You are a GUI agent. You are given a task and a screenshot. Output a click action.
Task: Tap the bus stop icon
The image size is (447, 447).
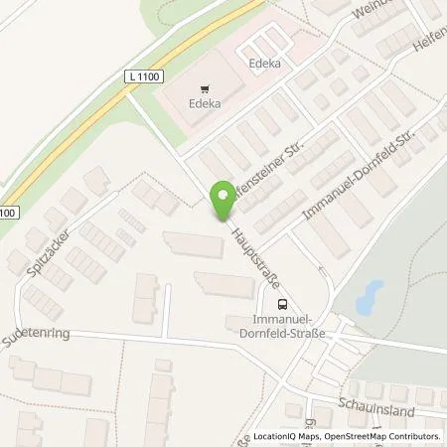pyautogui.click(x=283, y=304)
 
